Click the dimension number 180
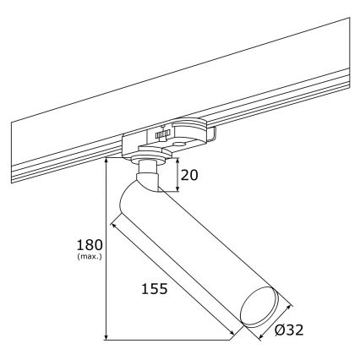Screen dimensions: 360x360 [87, 242]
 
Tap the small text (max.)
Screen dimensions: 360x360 [88, 256]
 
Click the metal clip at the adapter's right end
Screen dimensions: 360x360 [216, 133]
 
